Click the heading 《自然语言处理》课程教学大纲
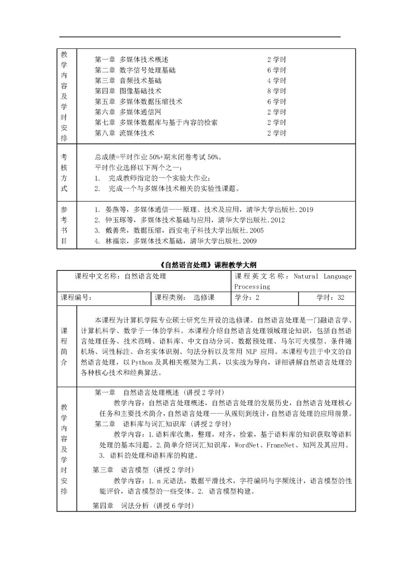208,265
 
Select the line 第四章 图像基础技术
128,91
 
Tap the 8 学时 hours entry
277,91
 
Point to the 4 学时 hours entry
277,81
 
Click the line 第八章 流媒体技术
124,133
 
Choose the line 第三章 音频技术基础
128,81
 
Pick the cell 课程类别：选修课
184,297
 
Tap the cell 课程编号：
76,297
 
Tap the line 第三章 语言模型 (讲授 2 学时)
143,470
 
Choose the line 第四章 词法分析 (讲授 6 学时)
143,505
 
